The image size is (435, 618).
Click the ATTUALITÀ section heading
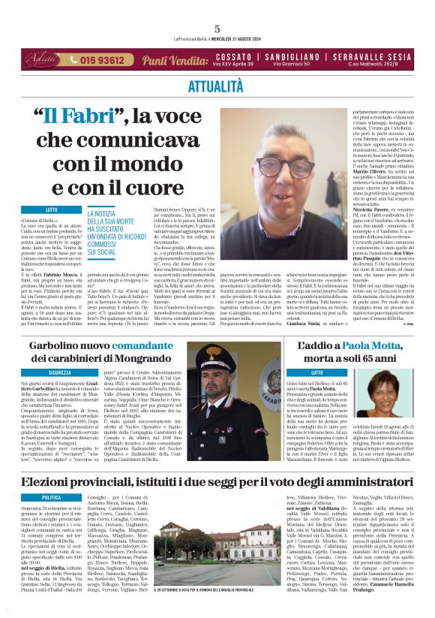pos(217,84)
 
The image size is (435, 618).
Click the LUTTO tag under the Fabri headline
pos(52,209)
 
